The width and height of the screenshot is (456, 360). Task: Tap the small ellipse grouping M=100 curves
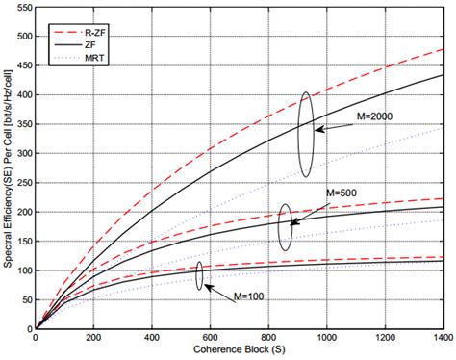tap(200, 276)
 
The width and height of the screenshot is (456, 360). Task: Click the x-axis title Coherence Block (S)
tap(240, 350)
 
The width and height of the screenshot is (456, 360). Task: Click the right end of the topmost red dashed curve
tap(443, 49)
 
